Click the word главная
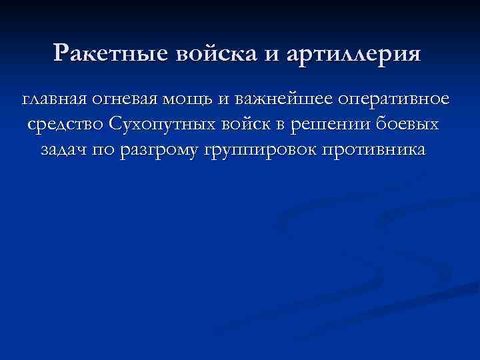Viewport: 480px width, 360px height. [55, 99]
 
